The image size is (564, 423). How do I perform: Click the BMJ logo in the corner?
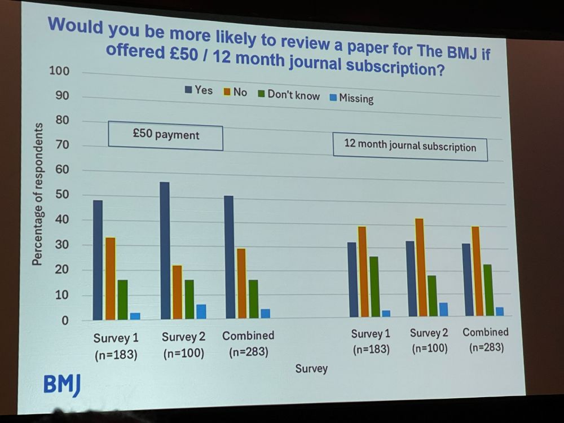62,385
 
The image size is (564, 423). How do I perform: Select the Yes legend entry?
199,90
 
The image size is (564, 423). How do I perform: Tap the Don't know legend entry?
289,94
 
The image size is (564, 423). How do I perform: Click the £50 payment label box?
165,136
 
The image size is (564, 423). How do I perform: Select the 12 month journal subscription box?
410,147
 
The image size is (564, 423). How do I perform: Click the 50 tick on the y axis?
61,195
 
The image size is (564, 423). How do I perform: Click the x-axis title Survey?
311,368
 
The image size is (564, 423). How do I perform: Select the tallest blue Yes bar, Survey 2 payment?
165,250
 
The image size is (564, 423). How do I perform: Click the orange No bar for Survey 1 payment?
111,279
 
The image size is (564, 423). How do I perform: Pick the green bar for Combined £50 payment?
254,299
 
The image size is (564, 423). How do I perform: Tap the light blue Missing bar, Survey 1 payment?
135,316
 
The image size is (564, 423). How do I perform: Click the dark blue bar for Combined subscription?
466,279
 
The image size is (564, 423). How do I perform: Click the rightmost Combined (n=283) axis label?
486,340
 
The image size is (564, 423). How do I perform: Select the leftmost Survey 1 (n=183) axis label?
116,346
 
